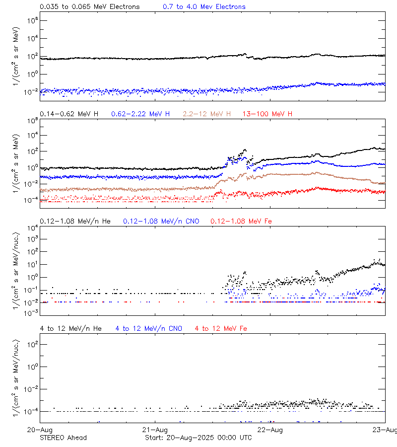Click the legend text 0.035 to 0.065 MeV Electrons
pos(89,7)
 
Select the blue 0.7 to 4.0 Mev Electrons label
pos(204,7)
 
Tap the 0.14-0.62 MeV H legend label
pos(69,114)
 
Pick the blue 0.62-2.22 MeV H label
pos(140,114)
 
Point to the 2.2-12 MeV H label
pos(207,114)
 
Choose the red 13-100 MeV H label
pos(267,114)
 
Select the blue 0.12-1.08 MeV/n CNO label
pos(161,221)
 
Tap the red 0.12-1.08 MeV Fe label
pos(241,221)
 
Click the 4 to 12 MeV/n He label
pos(70,328)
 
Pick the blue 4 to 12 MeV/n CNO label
pos(148,328)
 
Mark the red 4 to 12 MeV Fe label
pos(221,328)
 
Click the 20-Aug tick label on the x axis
pos(40,430)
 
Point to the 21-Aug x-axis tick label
pos(155,430)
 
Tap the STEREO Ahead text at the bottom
pos(63,438)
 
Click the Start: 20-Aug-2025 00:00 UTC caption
pos(198,438)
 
